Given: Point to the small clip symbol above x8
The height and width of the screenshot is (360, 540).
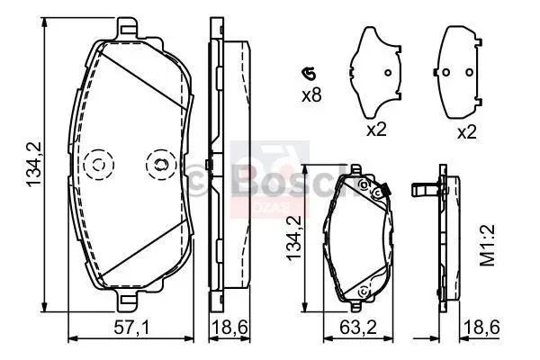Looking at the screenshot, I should [310, 74].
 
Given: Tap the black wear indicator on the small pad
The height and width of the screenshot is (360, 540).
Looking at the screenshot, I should [383, 189].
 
